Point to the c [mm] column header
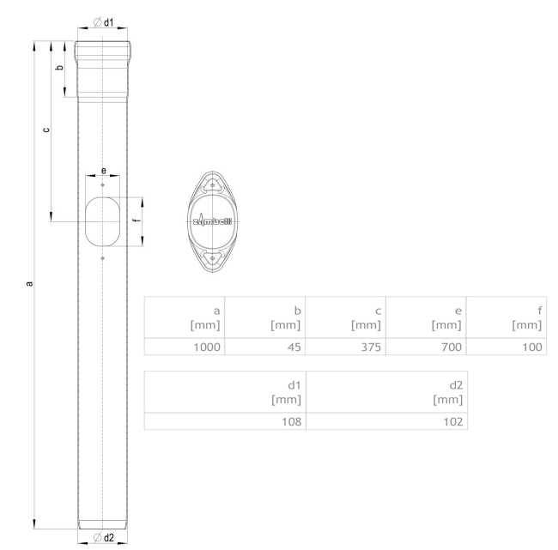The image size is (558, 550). point(367,317)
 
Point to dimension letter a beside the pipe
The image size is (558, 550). point(30,282)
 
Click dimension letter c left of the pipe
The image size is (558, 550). point(45,130)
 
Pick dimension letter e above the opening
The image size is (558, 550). point(102,170)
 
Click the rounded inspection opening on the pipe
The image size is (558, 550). point(102,221)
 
